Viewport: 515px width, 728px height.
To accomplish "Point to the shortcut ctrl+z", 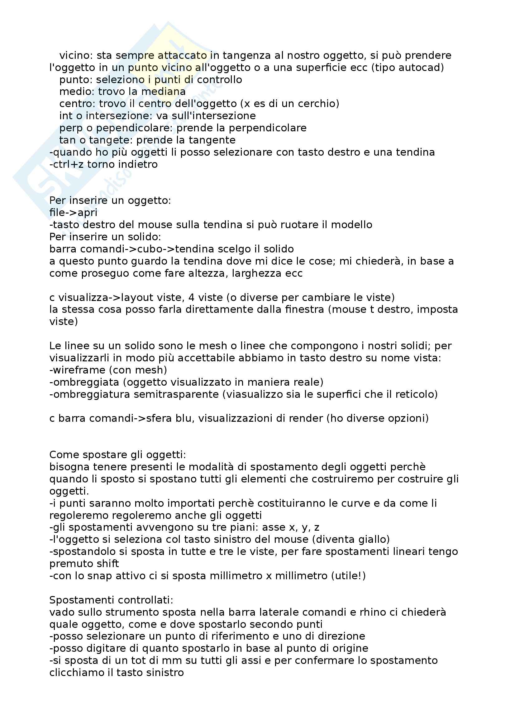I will pos(66,164).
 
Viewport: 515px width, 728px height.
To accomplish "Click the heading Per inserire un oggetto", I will pos(110,201).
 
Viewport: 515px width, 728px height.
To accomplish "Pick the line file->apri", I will pos(73,213).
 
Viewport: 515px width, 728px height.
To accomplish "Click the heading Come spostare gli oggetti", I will pos(118,455).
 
